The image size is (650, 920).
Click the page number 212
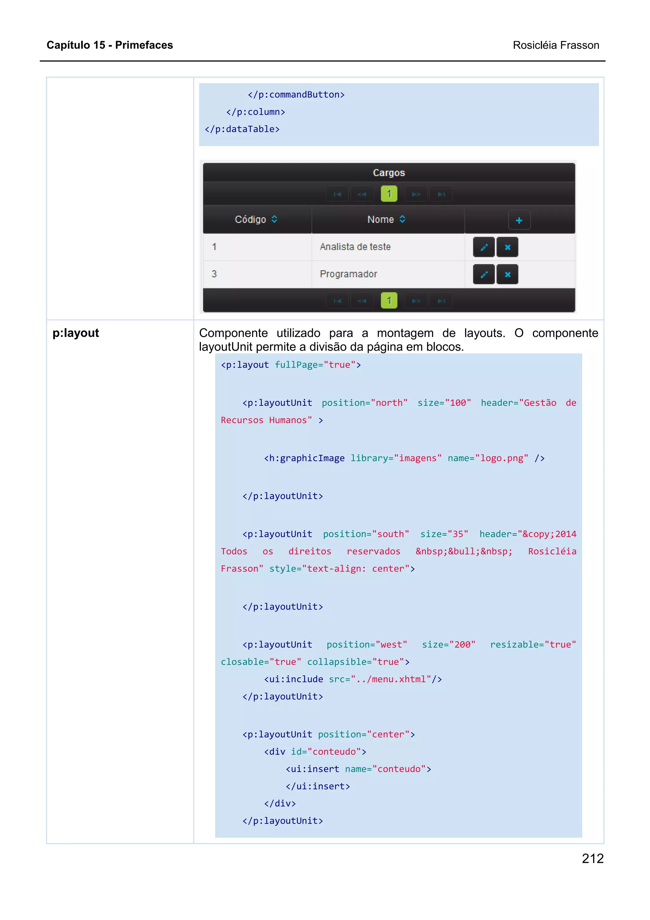coord(592,858)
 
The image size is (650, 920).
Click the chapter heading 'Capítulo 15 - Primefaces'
coord(110,45)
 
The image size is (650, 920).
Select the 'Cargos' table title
coord(388,173)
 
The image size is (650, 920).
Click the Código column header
coord(251,220)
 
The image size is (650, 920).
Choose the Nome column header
coord(381,220)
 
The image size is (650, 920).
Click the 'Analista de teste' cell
coord(355,247)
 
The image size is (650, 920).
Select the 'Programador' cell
coord(348,274)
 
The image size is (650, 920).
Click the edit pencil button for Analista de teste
coord(484,247)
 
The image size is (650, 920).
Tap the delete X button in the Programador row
coord(507,275)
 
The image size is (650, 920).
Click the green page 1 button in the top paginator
coord(389,194)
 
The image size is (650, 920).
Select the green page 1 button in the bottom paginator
coord(389,301)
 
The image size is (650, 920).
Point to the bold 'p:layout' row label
coord(76,333)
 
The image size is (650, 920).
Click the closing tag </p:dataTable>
coord(242,129)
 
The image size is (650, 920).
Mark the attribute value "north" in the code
coord(389,403)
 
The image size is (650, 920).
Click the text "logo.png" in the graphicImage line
coord(501,458)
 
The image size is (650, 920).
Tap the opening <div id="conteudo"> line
coord(315,752)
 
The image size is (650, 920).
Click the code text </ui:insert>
coord(318,786)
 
